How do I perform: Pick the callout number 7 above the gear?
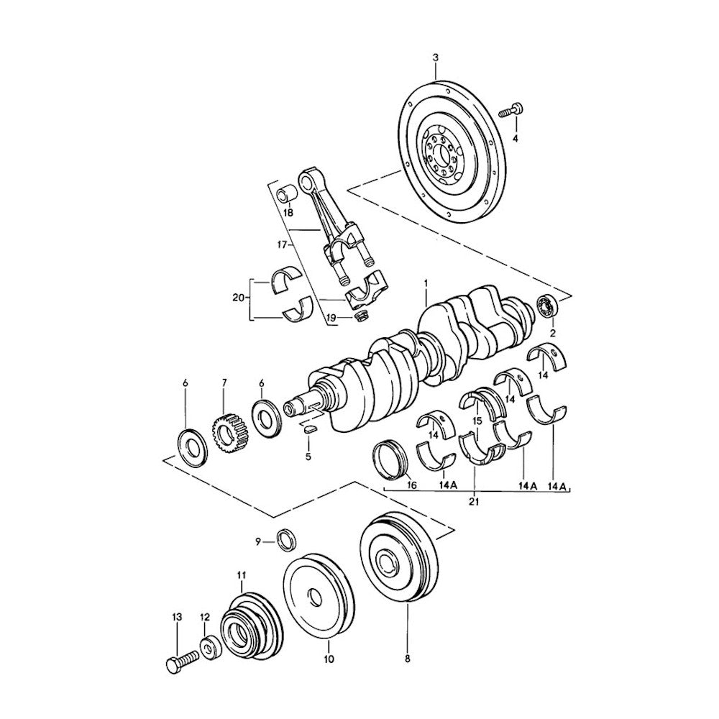(x=224, y=383)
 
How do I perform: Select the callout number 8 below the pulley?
(x=407, y=658)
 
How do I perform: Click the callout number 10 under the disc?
(x=329, y=658)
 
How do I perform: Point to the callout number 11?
(x=242, y=574)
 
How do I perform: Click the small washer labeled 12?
(x=211, y=648)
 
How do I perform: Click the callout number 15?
(x=475, y=421)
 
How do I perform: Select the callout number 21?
(x=474, y=501)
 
